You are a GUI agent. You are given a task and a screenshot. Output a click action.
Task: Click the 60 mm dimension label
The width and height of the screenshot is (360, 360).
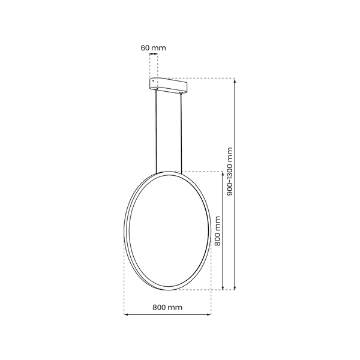(x=154, y=47)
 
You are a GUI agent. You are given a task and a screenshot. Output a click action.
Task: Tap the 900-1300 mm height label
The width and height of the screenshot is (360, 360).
(x=229, y=174)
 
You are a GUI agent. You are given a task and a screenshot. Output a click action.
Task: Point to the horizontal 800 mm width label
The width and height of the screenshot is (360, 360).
(x=167, y=307)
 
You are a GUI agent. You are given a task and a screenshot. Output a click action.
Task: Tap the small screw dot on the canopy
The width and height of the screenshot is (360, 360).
(x=154, y=80)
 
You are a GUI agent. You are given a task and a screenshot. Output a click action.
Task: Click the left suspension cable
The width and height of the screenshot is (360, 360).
(x=157, y=132)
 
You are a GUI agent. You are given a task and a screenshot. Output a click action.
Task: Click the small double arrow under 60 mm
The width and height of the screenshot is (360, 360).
(x=154, y=55)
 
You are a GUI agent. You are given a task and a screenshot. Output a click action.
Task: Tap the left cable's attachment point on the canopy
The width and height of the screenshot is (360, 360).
(x=157, y=92)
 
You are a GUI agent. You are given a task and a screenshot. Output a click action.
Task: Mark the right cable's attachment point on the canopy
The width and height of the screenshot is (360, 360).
(x=182, y=94)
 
